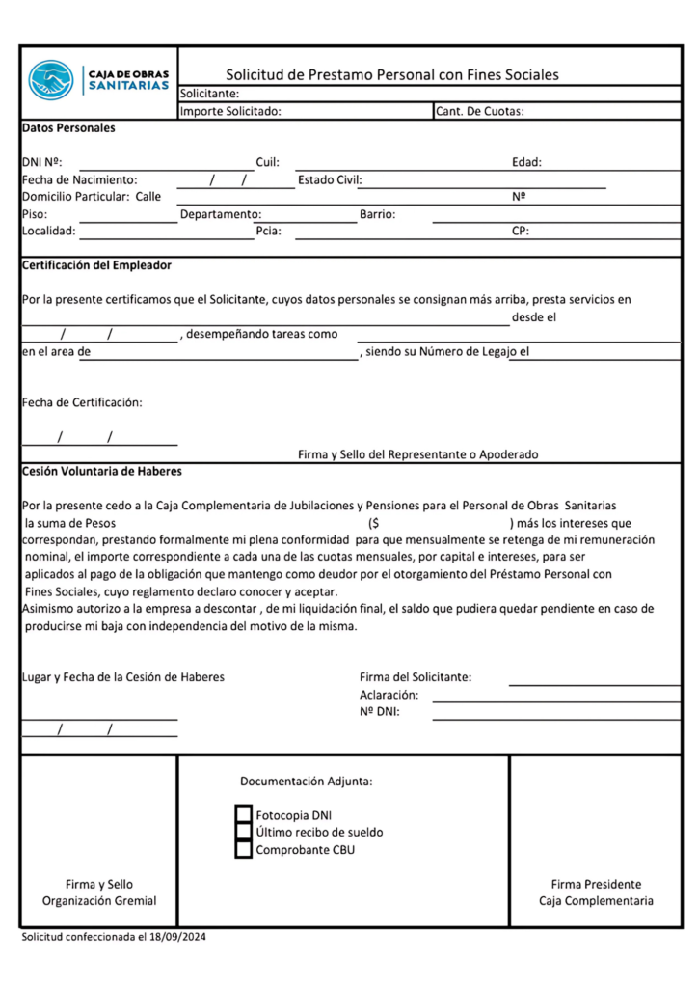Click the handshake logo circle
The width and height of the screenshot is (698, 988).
click(51, 79)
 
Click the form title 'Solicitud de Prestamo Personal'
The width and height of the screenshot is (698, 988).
click(391, 74)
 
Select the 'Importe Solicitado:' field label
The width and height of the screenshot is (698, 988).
click(230, 111)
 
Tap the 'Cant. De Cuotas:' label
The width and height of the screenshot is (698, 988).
click(479, 111)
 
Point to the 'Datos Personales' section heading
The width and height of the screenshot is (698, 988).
click(68, 127)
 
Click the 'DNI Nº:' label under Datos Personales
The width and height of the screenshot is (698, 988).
click(41, 162)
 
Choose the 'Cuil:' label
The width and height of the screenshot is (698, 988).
click(267, 162)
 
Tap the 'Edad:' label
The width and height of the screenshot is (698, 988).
click(526, 162)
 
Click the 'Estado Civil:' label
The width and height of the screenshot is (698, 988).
click(329, 179)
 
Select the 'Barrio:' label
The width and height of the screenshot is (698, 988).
click(378, 214)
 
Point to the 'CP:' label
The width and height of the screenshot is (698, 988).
click(520, 232)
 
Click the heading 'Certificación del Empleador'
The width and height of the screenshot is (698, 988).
click(96, 265)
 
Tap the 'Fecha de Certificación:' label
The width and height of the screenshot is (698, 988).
click(82, 402)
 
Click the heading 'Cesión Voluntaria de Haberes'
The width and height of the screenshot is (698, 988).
click(101, 472)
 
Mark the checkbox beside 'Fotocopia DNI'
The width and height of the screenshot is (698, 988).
click(244, 814)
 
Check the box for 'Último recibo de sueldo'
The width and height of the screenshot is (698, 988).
click(244, 832)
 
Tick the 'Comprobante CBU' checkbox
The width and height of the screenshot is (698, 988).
click(244, 849)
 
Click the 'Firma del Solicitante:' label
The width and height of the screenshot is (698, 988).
click(416, 677)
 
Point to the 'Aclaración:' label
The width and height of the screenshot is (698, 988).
click(389, 695)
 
